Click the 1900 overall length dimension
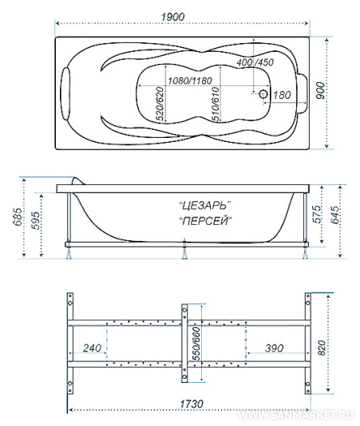click(173, 17)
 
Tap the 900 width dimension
click(321, 90)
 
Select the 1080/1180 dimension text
click(190, 81)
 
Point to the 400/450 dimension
click(255, 62)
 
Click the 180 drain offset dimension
click(282, 95)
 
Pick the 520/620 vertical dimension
click(160, 104)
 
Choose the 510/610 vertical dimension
click(215, 104)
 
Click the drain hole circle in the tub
click(263, 94)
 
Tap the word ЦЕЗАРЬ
click(205, 206)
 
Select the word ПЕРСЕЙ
click(206, 221)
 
